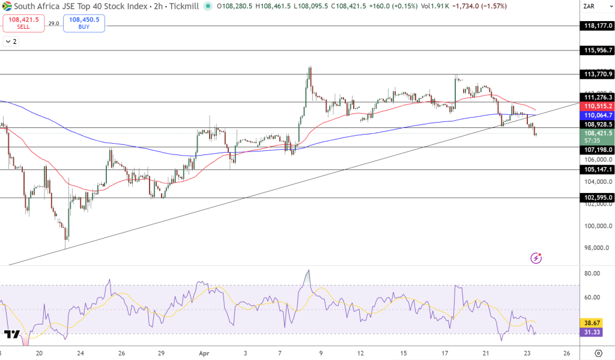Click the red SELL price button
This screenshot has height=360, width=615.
[23, 23]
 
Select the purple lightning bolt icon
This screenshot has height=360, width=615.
[536, 258]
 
